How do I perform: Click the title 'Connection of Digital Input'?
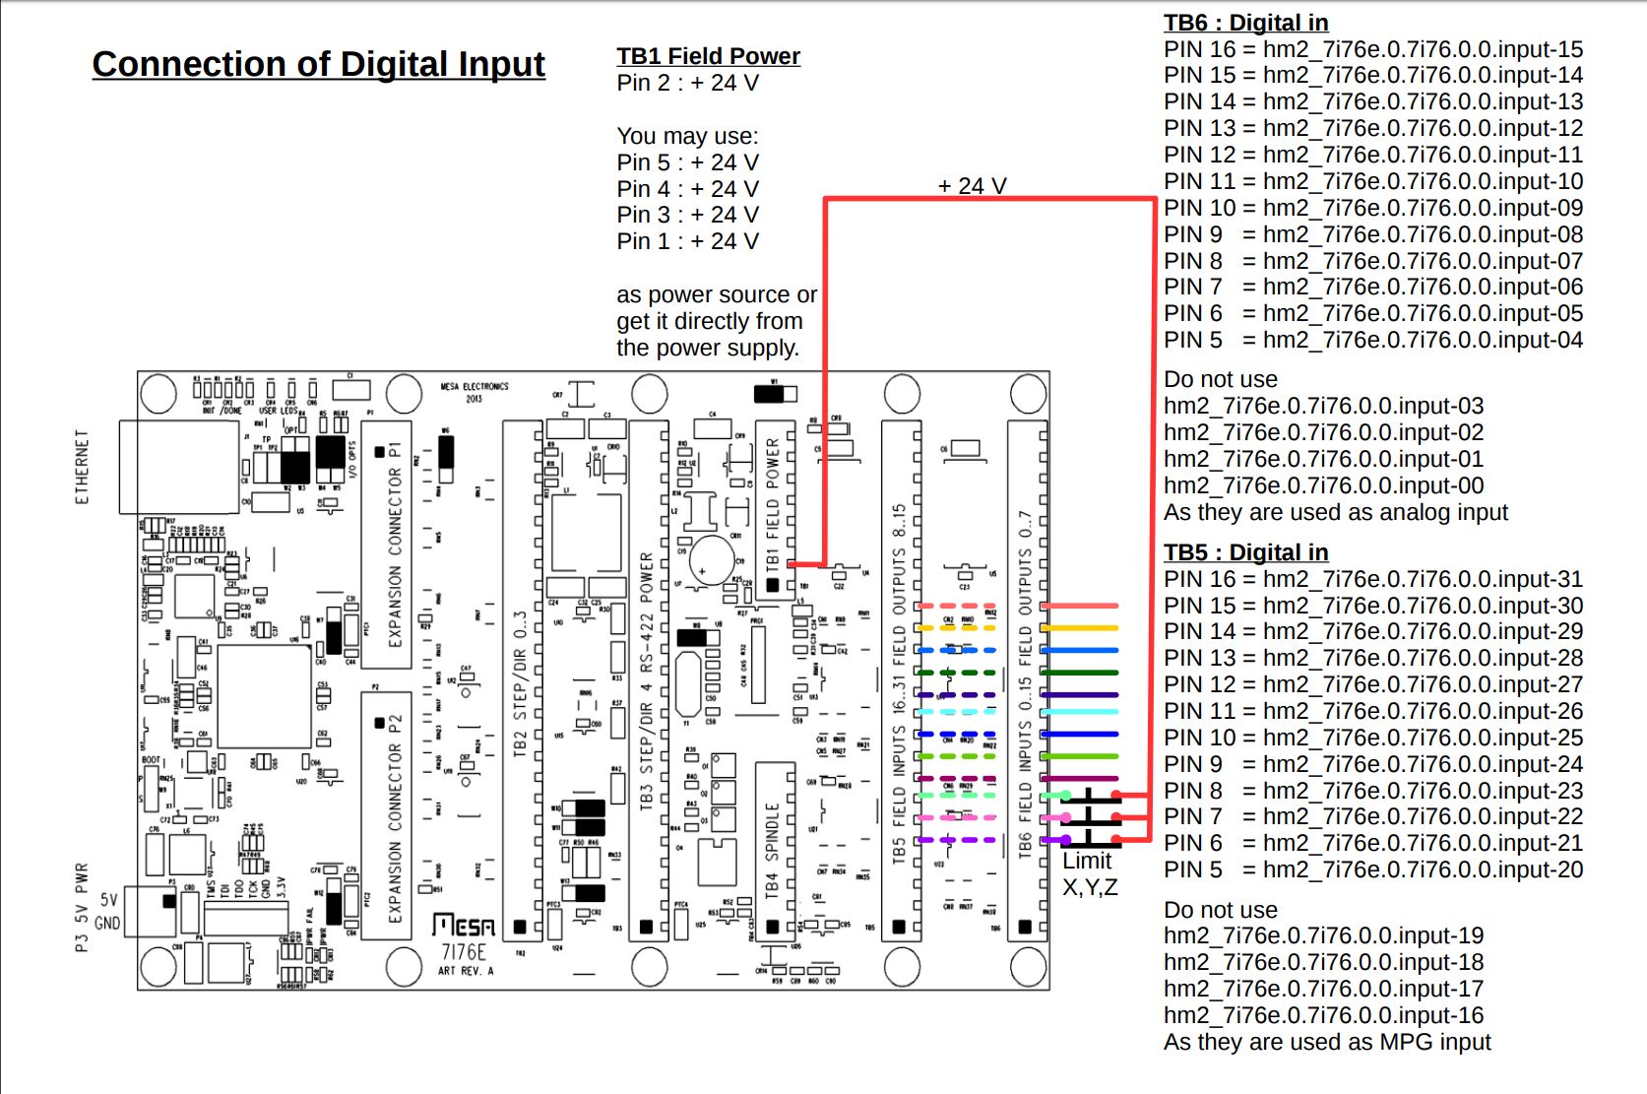click(318, 64)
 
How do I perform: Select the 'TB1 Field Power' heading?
click(708, 56)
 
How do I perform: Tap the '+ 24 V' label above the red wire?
click(972, 186)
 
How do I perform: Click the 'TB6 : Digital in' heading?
click(1245, 23)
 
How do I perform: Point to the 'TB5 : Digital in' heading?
click(1245, 552)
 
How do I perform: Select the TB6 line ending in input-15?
click(1372, 49)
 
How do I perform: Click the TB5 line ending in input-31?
click(1372, 579)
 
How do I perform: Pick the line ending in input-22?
click(1372, 816)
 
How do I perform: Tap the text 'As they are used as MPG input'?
click(1327, 1042)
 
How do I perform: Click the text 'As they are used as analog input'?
click(1335, 512)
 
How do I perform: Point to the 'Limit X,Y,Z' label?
click(1089, 873)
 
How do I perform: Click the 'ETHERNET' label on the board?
click(83, 467)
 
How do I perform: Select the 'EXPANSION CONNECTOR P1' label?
click(395, 545)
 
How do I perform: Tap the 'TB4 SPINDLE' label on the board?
click(773, 849)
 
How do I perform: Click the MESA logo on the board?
click(464, 926)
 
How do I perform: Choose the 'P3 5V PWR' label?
click(83, 907)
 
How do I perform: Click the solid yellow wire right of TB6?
click(1080, 627)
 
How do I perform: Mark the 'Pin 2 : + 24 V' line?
click(687, 83)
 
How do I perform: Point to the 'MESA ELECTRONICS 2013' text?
click(475, 392)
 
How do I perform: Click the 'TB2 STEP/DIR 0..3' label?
click(521, 684)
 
